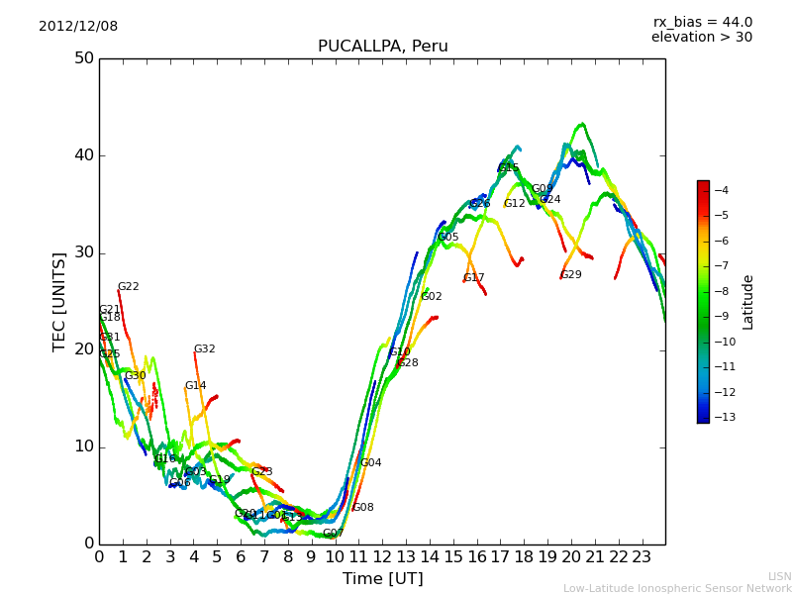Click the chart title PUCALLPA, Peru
(x=382, y=47)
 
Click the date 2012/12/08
(x=78, y=27)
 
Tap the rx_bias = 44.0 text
(x=702, y=23)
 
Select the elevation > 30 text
(x=701, y=38)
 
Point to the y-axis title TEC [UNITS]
(x=59, y=301)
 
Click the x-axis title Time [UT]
(x=382, y=579)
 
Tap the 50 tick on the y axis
(x=83, y=58)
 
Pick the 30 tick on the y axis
(x=83, y=252)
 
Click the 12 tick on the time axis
(x=382, y=557)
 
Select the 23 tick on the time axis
(x=642, y=557)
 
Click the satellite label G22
(x=129, y=287)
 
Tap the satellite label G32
(x=204, y=349)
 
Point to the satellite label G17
(x=474, y=278)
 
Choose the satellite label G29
(x=571, y=275)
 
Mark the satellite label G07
(x=333, y=534)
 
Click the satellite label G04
(x=370, y=463)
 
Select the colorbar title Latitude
(x=748, y=302)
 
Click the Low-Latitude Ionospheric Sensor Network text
(x=677, y=588)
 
